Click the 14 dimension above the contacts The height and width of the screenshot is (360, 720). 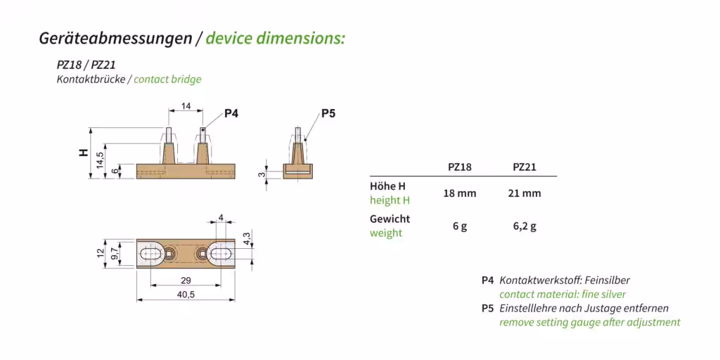pyautogui.click(x=186, y=106)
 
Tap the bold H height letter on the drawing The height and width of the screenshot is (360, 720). pyautogui.click(x=84, y=153)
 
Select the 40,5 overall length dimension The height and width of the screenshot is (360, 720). pyautogui.click(x=186, y=295)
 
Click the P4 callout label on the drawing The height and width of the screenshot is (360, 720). pyautogui.click(x=231, y=112)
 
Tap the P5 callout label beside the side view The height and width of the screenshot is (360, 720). pyautogui.click(x=328, y=113)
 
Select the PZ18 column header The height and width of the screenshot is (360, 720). pyautogui.click(x=459, y=167)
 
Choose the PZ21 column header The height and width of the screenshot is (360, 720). pyautogui.click(x=525, y=167)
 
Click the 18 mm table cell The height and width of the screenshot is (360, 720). pyautogui.click(x=459, y=193)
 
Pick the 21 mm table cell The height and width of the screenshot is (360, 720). pyautogui.click(x=525, y=193)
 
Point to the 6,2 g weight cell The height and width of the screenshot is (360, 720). pyautogui.click(x=525, y=226)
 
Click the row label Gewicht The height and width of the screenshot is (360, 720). pyautogui.click(x=390, y=219)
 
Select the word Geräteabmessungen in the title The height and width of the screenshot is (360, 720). pyautogui.click(x=115, y=38)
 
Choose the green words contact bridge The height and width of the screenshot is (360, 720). pyautogui.click(x=167, y=79)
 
